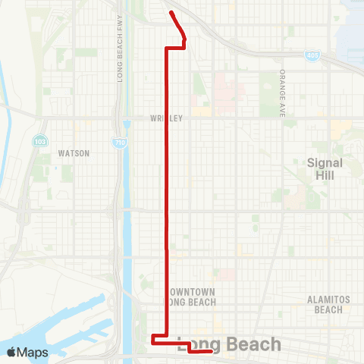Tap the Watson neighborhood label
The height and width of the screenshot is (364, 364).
[74, 152]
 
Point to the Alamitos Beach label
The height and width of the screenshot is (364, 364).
[328, 304]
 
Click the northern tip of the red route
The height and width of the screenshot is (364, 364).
[171, 12]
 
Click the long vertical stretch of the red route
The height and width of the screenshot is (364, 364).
[166, 190]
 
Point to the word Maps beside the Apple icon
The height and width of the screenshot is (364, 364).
[33, 352]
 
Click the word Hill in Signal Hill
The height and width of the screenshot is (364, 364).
[325, 175]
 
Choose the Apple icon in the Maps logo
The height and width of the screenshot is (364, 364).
[12, 352]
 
